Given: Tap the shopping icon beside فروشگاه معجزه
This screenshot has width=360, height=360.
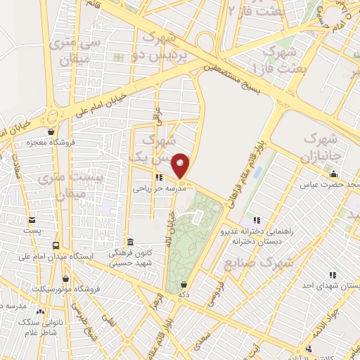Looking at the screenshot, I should (51, 131).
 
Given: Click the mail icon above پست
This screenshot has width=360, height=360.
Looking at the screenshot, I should (29, 220).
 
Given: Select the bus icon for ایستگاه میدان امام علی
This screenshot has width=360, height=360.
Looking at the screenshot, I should (56, 245).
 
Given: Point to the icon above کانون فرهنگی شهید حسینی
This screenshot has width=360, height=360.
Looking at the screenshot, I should (128, 241).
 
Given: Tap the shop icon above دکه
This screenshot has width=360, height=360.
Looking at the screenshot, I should (184, 285).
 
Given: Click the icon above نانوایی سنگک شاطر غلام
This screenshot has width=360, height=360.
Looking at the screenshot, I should (40, 310).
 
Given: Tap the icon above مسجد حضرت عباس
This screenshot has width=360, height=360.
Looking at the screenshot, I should (334, 174).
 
